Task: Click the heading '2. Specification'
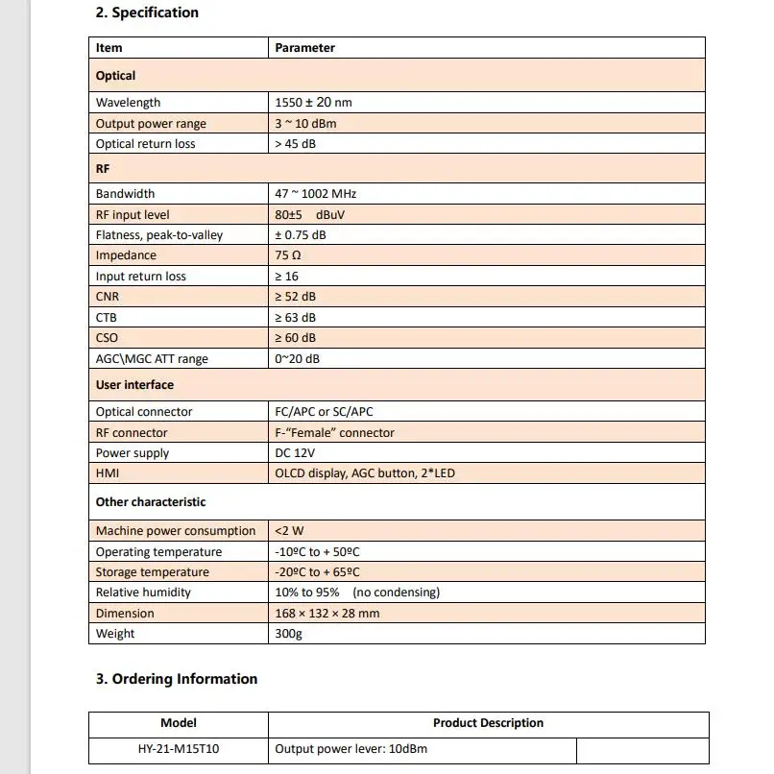coord(147,12)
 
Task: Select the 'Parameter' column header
coord(304,47)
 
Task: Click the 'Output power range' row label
coord(151,124)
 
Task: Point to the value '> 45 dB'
coord(296,144)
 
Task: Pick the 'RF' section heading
coord(104,168)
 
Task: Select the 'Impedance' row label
coord(126,255)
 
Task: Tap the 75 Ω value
coord(289,255)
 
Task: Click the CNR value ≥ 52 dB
coord(296,297)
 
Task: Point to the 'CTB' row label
coord(107,317)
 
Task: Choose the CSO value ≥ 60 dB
coord(296,338)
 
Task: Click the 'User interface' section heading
coord(134,385)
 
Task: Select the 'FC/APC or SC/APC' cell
coord(324,412)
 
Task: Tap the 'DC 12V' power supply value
coord(296,453)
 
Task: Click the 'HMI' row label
coord(108,473)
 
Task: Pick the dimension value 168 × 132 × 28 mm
coord(327,614)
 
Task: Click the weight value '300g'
coord(288,634)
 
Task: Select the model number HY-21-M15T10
coord(179,748)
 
